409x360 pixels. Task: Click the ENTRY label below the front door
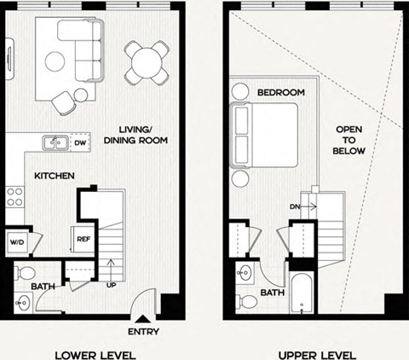pyautogui.click(x=143, y=331)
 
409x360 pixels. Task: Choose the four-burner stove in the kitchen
pyautogui.click(x=14, y=198)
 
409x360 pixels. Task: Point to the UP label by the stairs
pyautogui.click(x=112, y=285)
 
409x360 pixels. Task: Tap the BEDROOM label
pyautogui.click(x=280, y=91)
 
